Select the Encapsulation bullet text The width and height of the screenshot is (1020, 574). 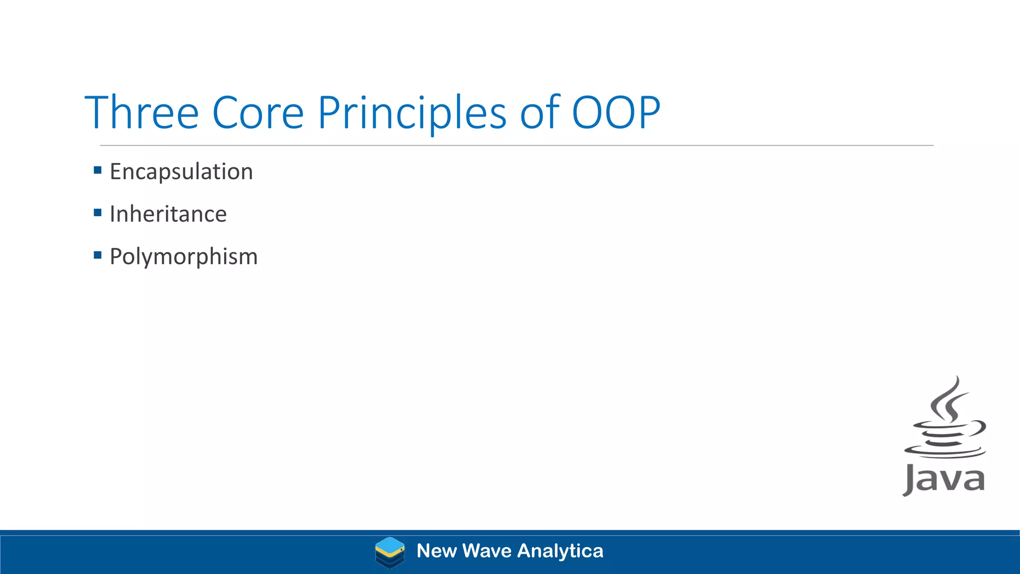[x=181, y=172]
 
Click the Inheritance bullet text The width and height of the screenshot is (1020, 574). [x=168, y=214]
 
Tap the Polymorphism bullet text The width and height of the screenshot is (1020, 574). [x=184, y=257]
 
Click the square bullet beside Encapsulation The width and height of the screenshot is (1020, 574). [x=98, y=170]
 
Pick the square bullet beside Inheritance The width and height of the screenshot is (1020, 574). [x=98, y=213]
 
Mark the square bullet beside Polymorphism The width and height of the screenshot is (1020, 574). [x=98, y=256]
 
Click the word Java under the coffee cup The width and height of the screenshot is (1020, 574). [x=944, y=479]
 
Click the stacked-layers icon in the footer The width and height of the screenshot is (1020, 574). [x=389, y=552]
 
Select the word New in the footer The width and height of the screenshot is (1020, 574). [x=436, y=551]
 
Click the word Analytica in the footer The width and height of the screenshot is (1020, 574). [x=560, y=551]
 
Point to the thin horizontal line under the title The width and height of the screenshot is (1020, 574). [x=516, y=145]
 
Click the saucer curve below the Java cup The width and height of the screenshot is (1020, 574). [x=945, y=454]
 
